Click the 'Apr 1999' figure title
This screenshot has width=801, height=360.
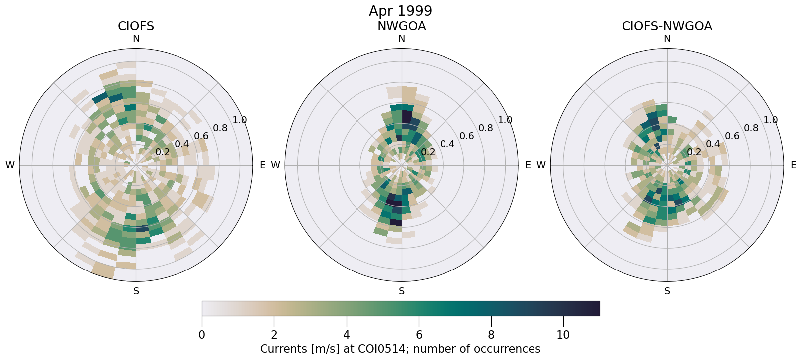[x=400, y=11]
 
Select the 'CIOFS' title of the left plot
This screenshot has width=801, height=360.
[x=136, y=26]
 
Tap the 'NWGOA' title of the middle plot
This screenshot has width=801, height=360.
[x=401, y=26]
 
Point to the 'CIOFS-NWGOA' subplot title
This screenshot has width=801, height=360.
[x=667, y=26]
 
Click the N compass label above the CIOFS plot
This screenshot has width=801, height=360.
[x=136, y=39]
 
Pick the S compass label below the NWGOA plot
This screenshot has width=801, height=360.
[x=402, y=291]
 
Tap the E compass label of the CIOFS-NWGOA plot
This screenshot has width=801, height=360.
[x=793, y=165]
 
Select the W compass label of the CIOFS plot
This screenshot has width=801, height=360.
[x=10, y=165]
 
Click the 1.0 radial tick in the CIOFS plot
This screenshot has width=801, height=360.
[x=240, y=120]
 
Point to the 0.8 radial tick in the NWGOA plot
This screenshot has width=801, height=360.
[x=486, y=128]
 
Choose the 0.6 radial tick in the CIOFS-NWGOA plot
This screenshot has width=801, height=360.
[x=732, y=136]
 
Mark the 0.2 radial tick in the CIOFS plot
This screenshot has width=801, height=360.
[x=163, y=152]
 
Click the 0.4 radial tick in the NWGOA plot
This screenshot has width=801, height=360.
[x=447, y=144]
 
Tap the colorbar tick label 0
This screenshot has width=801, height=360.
[x=202, y=335]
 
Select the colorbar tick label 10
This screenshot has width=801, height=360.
[x=563, y=335]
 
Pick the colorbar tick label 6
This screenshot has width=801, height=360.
[x=419, y=335]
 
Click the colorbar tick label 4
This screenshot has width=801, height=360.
[x=347, y=335]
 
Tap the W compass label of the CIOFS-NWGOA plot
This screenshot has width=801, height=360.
[x=541, y=165]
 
